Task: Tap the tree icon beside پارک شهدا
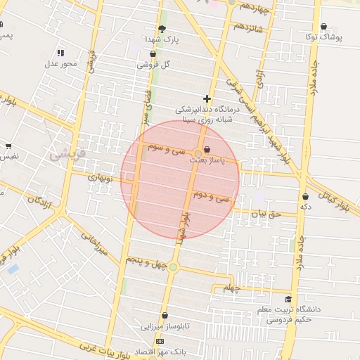tap(162, 29)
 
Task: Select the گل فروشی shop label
tap(157, 63)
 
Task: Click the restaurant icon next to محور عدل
tap(60, 53)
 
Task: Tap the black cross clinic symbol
tap(207, 99)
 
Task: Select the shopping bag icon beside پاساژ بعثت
tap(207, 149)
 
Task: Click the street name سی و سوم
tap(167, 150)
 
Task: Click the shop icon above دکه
tap(305, 196)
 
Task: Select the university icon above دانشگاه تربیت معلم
tap(288, 299)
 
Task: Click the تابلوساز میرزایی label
tap(162, 327)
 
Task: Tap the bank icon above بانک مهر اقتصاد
tap(160, 341)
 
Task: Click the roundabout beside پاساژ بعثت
tap(199, 153)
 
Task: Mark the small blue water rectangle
tap(13, 269)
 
